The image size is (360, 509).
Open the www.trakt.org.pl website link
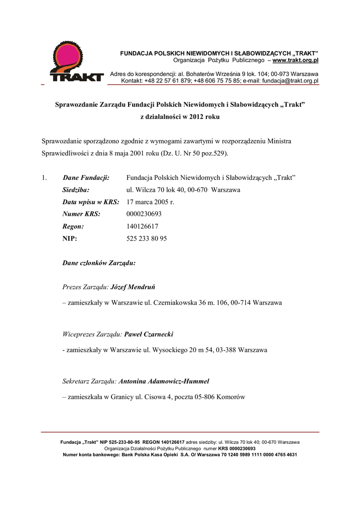click(x=295, y=61)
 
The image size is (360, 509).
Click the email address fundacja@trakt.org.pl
click(x=290, y=81)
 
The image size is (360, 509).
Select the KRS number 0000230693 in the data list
click(x=144, y=214)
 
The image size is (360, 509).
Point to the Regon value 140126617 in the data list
click(x=143, y=226)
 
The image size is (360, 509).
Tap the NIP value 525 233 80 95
click(x=147, y=239)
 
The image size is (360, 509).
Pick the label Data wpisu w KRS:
click(x=90, y=202)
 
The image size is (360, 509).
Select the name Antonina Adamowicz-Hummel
click(x=164, y=382)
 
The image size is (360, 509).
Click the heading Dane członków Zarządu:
click(x=99, y=263)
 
